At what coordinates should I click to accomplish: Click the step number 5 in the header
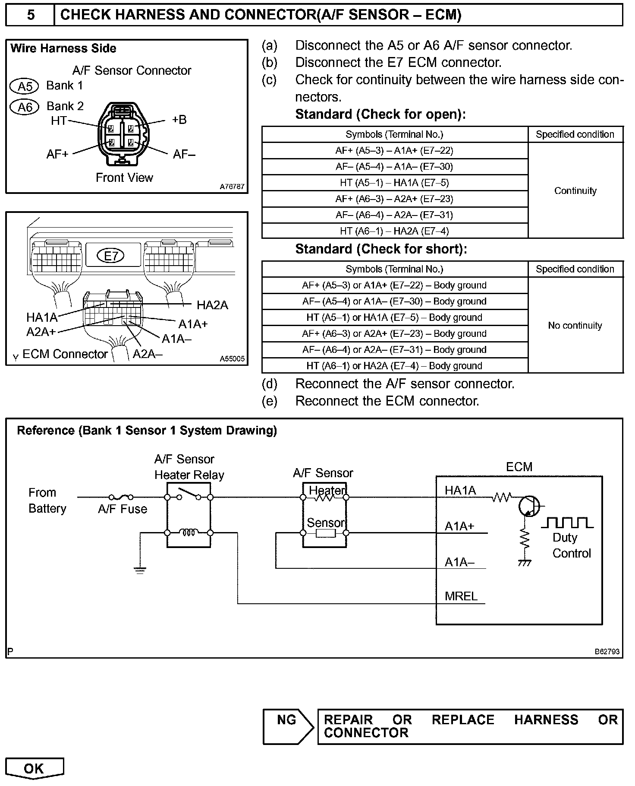(x=31, y=15)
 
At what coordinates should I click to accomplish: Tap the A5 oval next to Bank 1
(x=24, y=86)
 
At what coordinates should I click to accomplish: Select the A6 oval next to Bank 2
(x=25, y=107)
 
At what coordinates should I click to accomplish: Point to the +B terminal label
(x=179, y=120)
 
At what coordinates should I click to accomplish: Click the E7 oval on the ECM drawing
(x=111, y=256)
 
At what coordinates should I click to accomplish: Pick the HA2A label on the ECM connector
(x=212, y=305)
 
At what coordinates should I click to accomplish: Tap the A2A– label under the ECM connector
(x=148, y=355)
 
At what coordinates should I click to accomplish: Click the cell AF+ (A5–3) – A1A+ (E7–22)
(x=394, y=151)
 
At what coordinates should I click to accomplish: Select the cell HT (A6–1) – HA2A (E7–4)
(x=394, y=231)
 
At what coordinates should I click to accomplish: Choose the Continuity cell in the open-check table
(x=575, y=191)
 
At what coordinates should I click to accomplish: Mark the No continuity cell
(x=575, y=326)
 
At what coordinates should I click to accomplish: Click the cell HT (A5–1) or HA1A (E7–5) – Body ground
(x=394, y=317)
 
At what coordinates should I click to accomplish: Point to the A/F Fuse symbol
(x=121, y=497)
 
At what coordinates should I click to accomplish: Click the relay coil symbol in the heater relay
(x=189, y=532)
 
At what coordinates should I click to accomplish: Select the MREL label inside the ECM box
(x=461, y=596)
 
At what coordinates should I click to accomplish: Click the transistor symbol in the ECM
(x=529, y=506)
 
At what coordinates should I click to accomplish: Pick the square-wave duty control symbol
(x=567, y=523)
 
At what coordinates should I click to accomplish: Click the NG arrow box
(x=288, y=726)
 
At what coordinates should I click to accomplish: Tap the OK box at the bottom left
(x=34, y=768)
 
